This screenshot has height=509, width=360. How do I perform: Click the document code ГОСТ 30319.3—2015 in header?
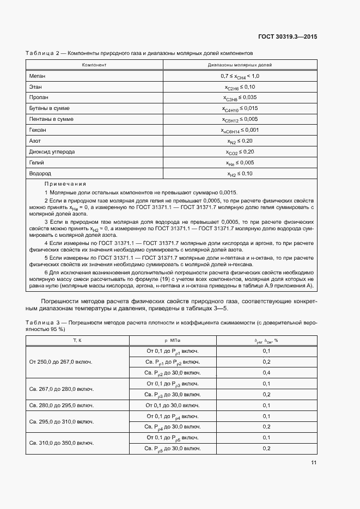tap(288, 38)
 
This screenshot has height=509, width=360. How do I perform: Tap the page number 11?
tap(313, 463)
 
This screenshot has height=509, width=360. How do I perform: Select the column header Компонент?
tap(94, 65)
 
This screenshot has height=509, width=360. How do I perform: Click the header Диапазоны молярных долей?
tap(240, 65)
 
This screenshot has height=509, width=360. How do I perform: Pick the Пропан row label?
tap(39, 97)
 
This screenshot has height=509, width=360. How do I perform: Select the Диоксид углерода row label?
tap(52, 152)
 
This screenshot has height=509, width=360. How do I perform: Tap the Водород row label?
tap(39, 174)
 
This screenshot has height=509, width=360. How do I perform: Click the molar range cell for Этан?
tap(240, 87)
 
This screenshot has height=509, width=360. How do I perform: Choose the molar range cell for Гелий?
tap(240, 163)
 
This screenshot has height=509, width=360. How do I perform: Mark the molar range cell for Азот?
tap(240, 141)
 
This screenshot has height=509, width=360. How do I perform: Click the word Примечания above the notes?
tap(65, 184)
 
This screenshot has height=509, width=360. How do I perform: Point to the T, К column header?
tap(77, 340)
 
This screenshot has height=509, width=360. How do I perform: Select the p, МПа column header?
tap(172, 340)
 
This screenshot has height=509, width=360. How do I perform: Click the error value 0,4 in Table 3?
tap(266, 373)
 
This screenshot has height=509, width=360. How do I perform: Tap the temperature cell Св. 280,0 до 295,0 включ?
tap(61, 405)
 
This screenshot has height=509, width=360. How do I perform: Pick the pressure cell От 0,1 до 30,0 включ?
tap(172, 405)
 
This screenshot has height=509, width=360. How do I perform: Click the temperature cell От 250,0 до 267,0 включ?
tap(60, 362)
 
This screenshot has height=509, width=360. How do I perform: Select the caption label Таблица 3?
tap(45, 323)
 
